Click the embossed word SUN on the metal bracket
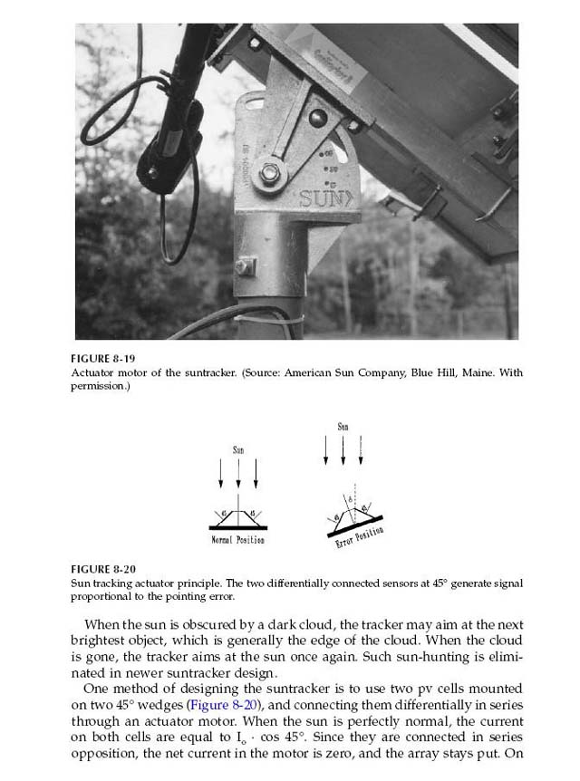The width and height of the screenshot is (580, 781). (x=322, y=198)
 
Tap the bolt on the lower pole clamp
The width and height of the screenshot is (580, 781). (x=243, y=267)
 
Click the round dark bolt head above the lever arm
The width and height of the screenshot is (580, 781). (x=317, y=118)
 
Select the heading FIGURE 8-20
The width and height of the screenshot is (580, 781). (x=102, y=570)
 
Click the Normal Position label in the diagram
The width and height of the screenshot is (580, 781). (x=237, y=540)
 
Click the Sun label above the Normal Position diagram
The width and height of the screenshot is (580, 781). (x=238, y=449)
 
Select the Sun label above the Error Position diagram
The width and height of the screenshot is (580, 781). (x=343, y=426)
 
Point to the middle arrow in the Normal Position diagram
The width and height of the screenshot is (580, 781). (x=238, y=473)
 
